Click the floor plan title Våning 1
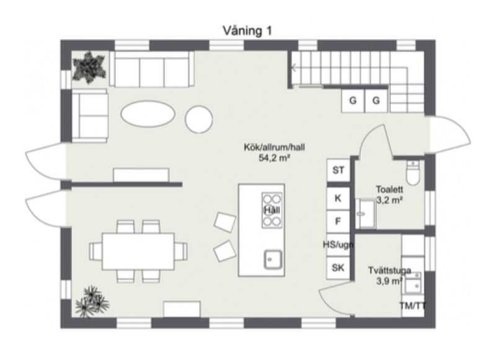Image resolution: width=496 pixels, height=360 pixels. tap(247, 31)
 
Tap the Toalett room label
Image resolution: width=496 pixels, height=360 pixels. tap(389, 190)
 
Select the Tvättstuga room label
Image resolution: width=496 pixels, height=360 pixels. tap(389, 271)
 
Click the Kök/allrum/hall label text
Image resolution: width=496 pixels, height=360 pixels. tap(274, 147)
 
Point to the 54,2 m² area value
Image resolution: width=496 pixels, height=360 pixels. tap(274, 158)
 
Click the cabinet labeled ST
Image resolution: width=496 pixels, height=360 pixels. tap(338, 170)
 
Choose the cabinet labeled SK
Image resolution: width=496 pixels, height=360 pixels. tap(338, 268)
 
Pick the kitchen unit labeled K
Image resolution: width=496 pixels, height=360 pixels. tap(338, 198)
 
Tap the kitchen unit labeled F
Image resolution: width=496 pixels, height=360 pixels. tap(338, 221)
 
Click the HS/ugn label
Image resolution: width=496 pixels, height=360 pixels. tap(338, 244)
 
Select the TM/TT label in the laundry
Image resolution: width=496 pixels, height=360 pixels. tap(412, 306)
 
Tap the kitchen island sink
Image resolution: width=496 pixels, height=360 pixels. tap(273, 260)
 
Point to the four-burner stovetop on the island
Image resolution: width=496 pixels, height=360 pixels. tap(272, 210)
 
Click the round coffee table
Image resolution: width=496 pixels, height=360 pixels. tap(199, 120)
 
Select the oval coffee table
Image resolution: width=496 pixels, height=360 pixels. tap(148, 114)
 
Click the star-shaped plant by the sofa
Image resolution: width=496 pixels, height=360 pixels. tap(89, 68)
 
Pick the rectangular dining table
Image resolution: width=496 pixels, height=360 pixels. tap(138, 252)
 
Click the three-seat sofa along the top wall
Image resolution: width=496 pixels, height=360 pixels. tap(152, 69)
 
